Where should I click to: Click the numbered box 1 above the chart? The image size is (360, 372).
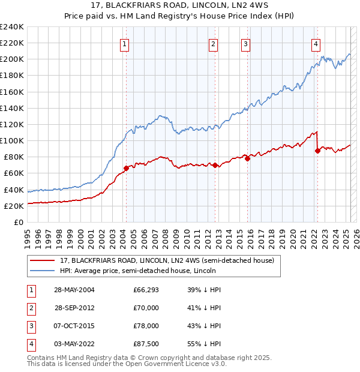(124, 43)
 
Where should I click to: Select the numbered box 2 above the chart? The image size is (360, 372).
(213, 43)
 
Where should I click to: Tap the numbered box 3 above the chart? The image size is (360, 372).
(246, 43)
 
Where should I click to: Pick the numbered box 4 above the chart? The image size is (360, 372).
(316, 43)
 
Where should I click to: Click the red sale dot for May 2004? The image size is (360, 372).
(126, 168)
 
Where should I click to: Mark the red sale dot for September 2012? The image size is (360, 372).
(215, 165)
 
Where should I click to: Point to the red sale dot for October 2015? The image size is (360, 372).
(247, 158)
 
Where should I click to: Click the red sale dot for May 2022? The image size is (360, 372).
(317, 151)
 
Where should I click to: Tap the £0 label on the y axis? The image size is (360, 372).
(19, 222)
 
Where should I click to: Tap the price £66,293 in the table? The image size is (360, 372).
(146, 290)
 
